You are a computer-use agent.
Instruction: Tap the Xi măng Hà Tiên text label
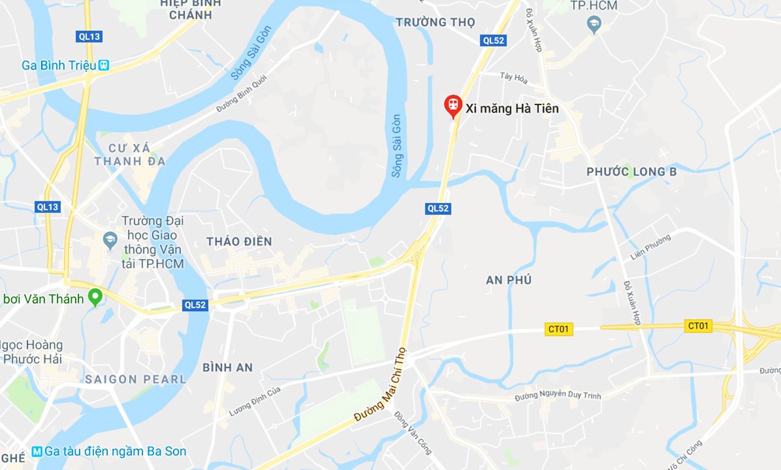pyautogui.click(x=512, y=108)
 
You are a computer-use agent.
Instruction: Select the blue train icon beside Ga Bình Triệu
pyautogui.click(x=104, y=65)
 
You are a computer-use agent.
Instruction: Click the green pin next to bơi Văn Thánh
pyautogui.click(x=95, y=297)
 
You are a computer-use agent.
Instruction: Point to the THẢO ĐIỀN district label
pyautogui.click(x=239, y=242)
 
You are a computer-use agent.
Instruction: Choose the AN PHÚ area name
pyautogui.click(x=509, y=280)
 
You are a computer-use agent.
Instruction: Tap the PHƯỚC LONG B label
pyautogui.click(x=632, y=172)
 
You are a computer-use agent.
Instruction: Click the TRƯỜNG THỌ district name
pyautogui.click(x=435, y=22)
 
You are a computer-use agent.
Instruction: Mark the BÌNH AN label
pyautogui.click(x=228, y=367)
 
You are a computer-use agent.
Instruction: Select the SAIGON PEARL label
pyautogui.click(x=135, y=379)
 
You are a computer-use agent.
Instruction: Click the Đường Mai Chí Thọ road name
pyautogui.click(x=381, y=385)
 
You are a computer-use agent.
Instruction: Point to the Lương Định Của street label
pyautogui.click(x=255, y=401)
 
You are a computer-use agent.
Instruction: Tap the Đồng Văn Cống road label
pyautogui.click(x=413, y=433)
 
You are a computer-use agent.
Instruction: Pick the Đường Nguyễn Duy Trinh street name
pyautogui.click(x=558, y=395)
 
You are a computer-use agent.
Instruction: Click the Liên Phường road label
pyautogui.click(x=650, y=247)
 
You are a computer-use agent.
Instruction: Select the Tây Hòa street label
pyautogui.click(x=514, y=78)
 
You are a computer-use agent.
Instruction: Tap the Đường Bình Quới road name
pyautogui.click(x=242, y=94)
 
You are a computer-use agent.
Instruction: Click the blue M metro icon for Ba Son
pyautogui.click(x=37, y=451)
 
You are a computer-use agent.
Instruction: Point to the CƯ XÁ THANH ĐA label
pyautogui.click(x=130, y=155)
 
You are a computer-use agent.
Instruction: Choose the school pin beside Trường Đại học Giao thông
pyautogui.click(x=110, y=240)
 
